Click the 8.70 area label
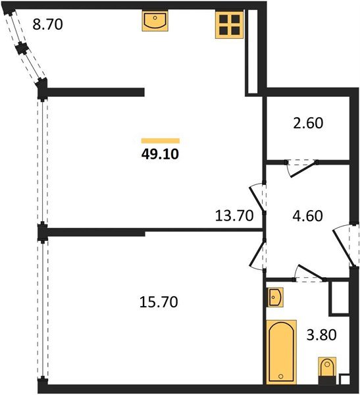click(x=47, y=25)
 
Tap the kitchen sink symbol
click(x=155, y=21)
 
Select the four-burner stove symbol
click(x=229, y=25)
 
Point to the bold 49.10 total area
click(x=160, y=154)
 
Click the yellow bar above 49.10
click(x=161, y=141)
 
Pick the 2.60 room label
click(x=308, y=123)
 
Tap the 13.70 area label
click(x=234, y=216)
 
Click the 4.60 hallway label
click(x=307, y=216)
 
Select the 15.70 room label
click(x=159, y=302)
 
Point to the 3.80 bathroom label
click(x=321, y=335)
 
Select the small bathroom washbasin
click(x=275, y=298)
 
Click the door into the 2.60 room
click(x=301, y=167)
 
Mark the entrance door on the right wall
click(x=345, y=245)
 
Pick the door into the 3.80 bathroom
click(x=309, y=273)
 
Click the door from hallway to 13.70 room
click(x=257, y=198)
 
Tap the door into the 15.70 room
click(x=257, y=254)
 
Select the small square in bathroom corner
click(x=344, y=379)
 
